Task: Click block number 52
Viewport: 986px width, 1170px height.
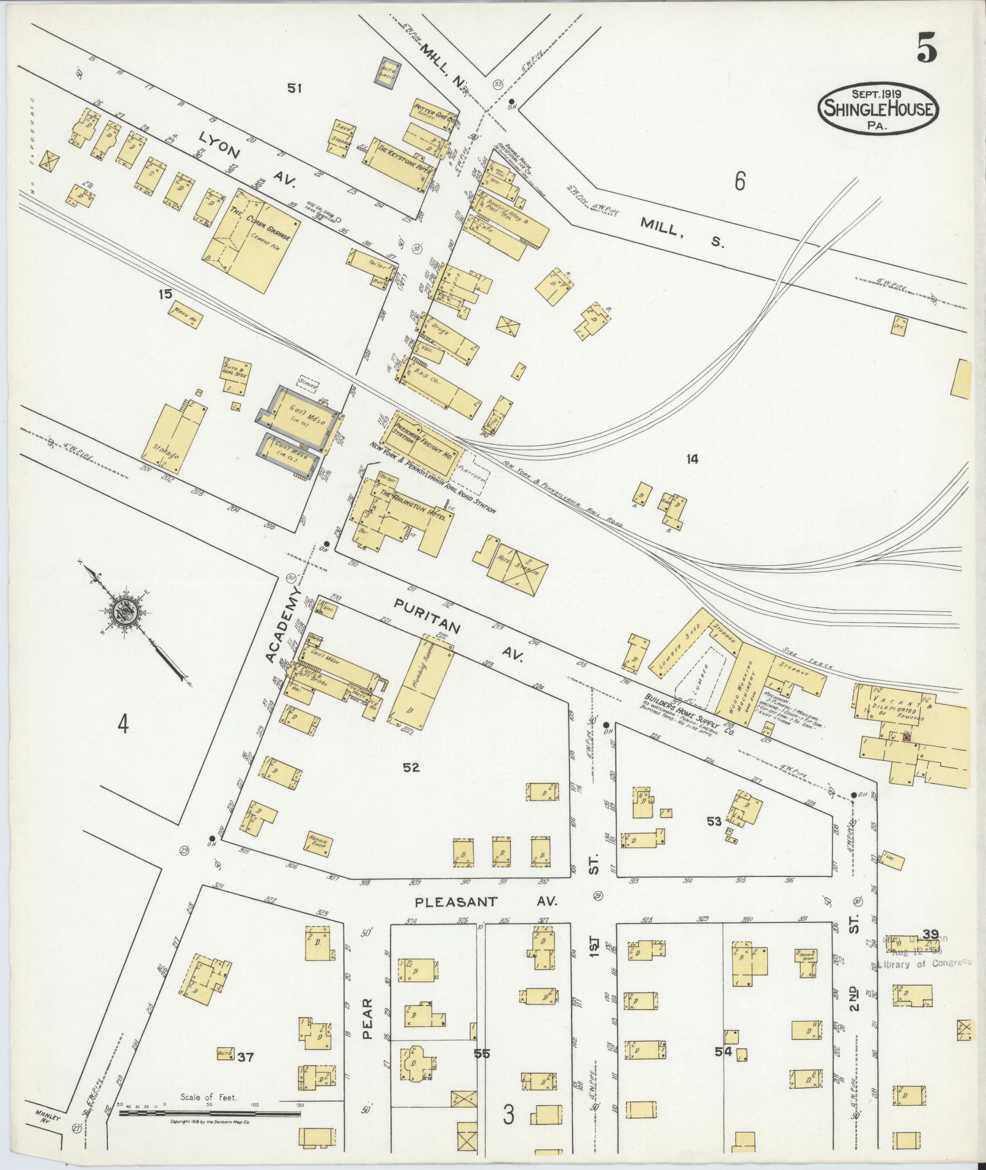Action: coord(411,767)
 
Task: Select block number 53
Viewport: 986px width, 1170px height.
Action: coord(714,821)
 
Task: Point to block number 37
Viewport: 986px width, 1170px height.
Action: coord(245,1056)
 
